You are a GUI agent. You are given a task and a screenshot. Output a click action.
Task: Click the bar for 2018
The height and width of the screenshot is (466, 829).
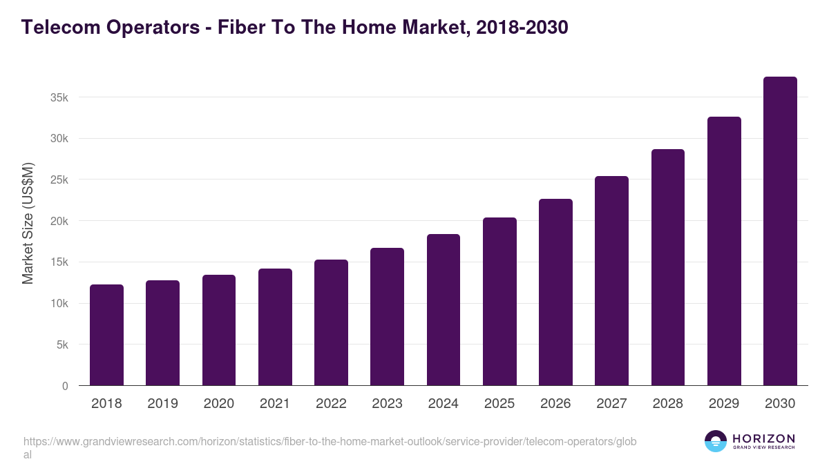coord(106,335)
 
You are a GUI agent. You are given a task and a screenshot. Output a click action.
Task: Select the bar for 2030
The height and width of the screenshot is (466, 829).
coord(780,231)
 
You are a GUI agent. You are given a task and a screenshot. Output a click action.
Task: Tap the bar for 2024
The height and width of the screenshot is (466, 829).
coord(444,310)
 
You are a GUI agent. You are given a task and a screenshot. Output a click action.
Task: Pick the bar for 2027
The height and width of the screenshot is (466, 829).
coord(611,281)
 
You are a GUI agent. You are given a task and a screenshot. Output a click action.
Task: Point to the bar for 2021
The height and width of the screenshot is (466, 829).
coord(275,327)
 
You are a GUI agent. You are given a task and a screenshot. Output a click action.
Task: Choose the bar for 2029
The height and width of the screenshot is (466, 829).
coord(724,251)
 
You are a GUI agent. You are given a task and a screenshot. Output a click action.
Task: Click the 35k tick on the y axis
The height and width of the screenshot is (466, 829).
coord(59,97)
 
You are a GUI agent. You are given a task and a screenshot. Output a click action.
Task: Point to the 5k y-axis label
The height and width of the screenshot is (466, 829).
coord(62,344)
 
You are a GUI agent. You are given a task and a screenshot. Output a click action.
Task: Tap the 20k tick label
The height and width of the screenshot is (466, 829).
coord(59,221)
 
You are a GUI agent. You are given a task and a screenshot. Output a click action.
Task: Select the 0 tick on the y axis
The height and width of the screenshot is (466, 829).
coord(65,386)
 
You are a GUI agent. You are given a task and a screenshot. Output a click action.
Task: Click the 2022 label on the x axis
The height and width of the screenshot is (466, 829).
coord(331,404)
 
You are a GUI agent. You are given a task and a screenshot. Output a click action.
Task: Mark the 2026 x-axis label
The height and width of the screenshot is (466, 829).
coord(555,404)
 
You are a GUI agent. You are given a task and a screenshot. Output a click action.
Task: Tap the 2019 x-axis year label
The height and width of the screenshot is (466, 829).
coord(162,404)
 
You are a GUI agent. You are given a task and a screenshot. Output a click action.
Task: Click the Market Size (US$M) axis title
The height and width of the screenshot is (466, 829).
coord(28,223)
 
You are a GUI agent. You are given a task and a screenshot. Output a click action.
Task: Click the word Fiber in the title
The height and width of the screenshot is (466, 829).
coord(242,28)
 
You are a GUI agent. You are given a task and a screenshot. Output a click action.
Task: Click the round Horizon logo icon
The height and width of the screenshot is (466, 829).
coord(715,441)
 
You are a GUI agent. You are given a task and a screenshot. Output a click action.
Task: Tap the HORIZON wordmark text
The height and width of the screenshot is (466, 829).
coord(763,438)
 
